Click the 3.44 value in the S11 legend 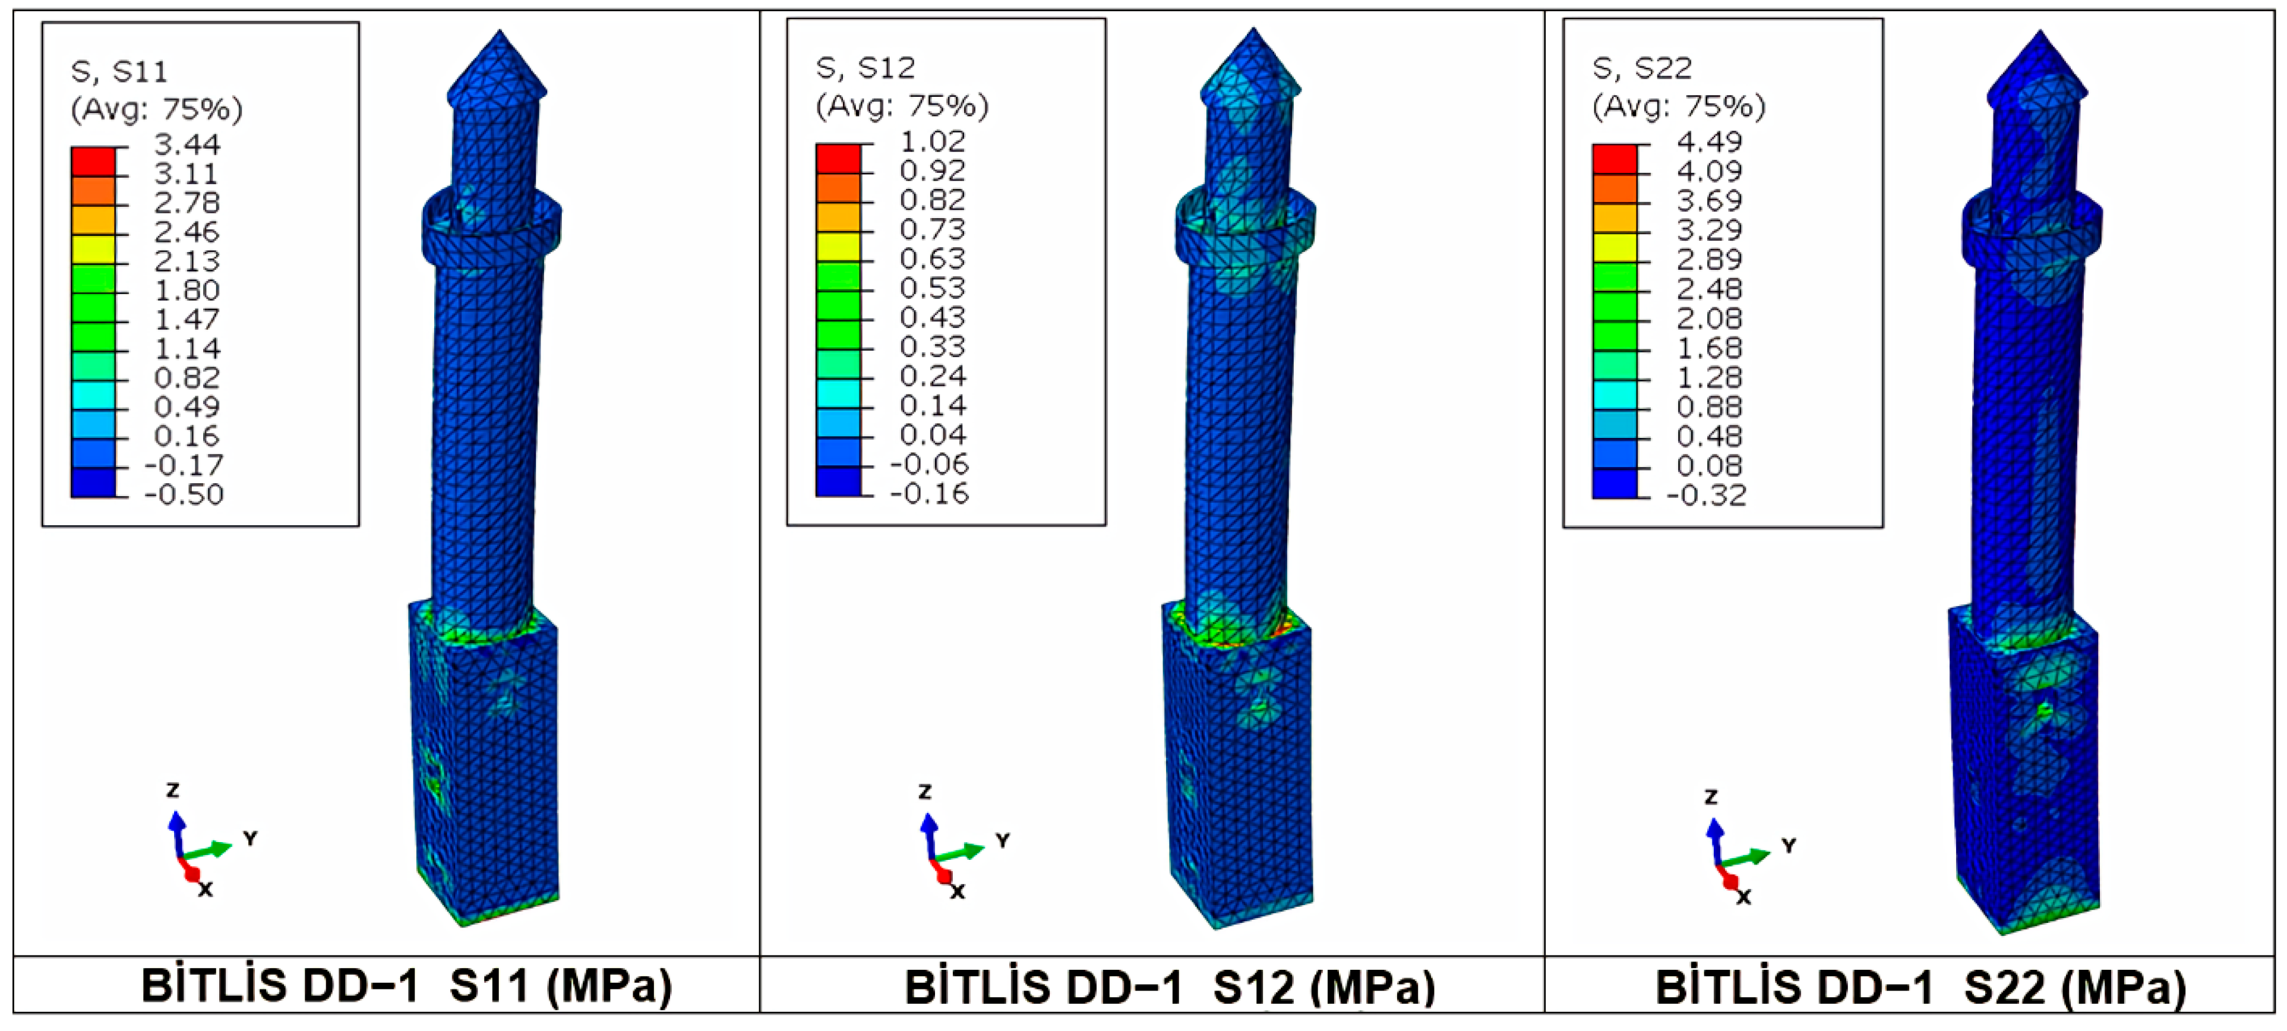[x=187, y=144]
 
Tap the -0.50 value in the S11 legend [x=184, y=494]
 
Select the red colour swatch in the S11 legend [x=93, y=162]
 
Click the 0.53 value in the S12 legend [x=932, y=288]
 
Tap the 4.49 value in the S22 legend [x=1709, y=141]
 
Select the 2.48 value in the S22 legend [x=1709, y=289]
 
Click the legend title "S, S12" [x=865, y=68]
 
